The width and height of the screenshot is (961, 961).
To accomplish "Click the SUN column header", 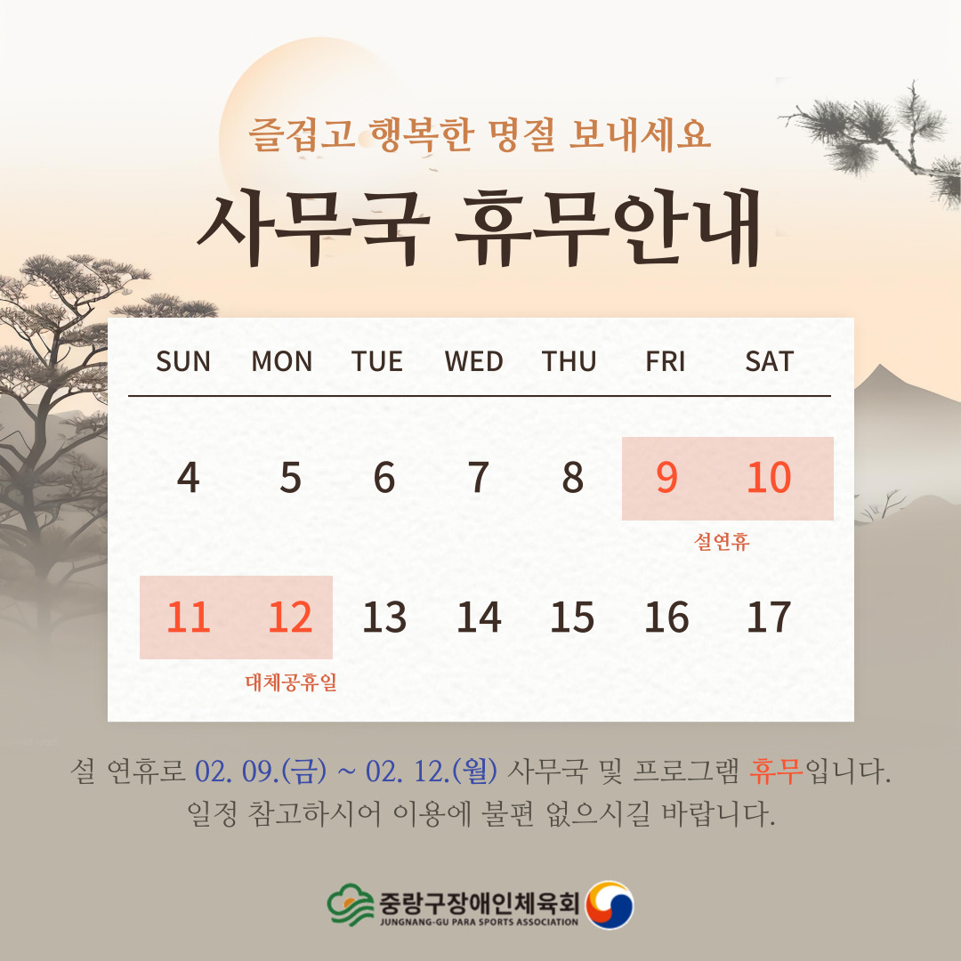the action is click(183, 361).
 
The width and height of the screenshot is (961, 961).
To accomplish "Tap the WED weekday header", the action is click(473, 361).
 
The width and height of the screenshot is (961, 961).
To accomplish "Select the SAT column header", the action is click(769, 361).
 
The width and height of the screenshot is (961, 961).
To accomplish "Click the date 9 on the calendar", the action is click(666, 478).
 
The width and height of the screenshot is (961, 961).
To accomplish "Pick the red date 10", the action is click(769, 478).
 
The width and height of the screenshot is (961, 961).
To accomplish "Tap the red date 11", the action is click(188, 617).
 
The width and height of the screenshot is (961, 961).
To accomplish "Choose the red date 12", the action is click(290, 617).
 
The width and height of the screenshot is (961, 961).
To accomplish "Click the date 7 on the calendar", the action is click(479, 478).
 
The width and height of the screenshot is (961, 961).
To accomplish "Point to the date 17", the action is click(769, 617).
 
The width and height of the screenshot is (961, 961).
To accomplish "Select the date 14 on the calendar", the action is click(479, 617).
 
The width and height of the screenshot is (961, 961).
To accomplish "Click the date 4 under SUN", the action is click(188, 478).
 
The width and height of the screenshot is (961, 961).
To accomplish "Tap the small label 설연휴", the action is click(722, 541).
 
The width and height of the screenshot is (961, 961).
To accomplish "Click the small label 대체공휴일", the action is click(291, 682).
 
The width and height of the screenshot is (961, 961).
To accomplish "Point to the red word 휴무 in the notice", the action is click(776, 771).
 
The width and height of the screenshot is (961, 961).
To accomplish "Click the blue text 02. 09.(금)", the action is click(261, 771).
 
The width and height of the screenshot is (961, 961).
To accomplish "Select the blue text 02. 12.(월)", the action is click(432, 771).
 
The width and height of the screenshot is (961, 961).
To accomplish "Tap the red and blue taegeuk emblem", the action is click(610, 905).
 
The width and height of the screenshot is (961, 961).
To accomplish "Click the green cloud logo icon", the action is click(351, 904).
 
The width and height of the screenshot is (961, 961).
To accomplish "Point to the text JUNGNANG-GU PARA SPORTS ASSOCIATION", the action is click(480, 921).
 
